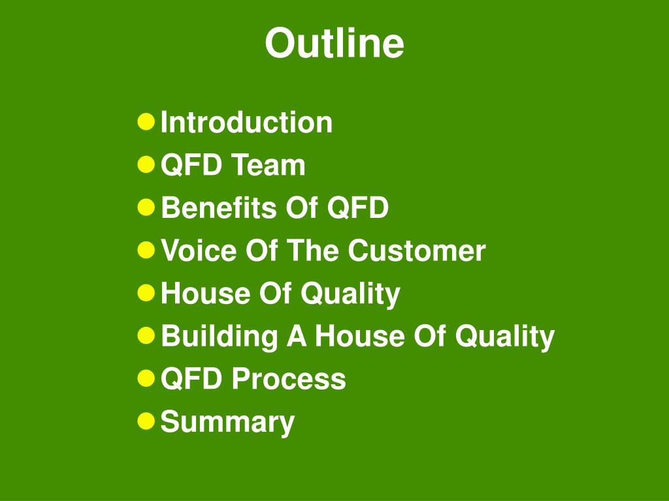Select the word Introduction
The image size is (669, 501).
(x=246, y=123)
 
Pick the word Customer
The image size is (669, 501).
(x=416, y=250)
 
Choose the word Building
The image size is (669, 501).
(x=219, y=337)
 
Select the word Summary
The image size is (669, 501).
(x=227, y=422)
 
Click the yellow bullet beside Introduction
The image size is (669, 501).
(x=146, y=121)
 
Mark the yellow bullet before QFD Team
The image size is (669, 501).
(x=146, y=164)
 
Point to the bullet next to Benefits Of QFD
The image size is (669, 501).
(x=146, y=207)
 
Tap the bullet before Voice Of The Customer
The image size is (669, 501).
(x=146, y=250)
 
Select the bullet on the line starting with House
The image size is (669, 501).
(x=146, y=293)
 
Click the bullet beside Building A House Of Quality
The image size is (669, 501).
(x=146, y=335)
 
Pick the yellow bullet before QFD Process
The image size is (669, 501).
(x=146, y=378)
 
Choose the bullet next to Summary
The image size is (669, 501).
(x=146, y=421)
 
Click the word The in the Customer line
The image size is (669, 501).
(x=318, y=250)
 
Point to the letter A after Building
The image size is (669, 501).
(x=296, y=337)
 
